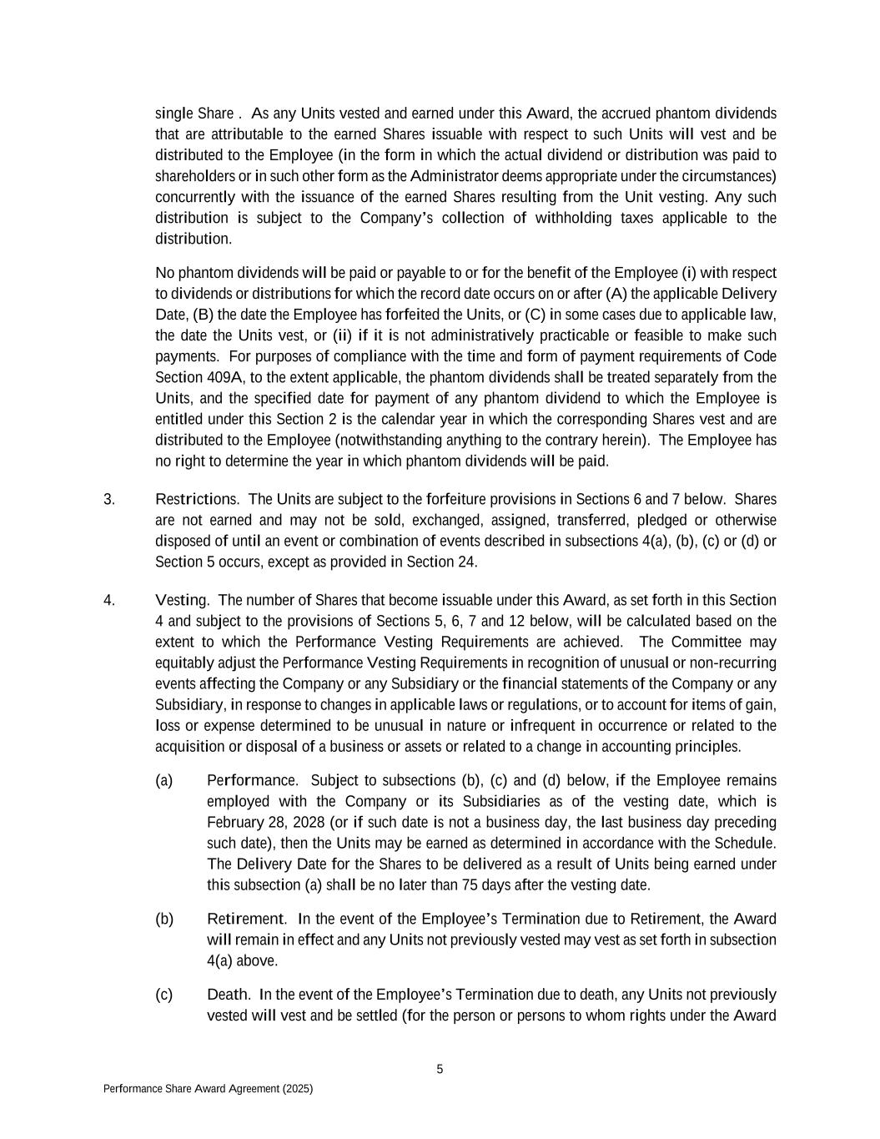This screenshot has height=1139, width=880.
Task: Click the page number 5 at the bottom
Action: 440,1070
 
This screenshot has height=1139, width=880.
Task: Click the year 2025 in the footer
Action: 297,1089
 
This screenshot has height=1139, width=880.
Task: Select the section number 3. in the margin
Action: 109,499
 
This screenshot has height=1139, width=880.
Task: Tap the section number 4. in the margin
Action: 109,600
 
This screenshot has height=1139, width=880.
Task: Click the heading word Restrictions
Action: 197,499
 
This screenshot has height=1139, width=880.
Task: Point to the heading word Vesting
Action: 182,600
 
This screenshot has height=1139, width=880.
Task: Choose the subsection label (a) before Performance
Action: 163,780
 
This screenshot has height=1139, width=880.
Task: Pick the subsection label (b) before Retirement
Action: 163,919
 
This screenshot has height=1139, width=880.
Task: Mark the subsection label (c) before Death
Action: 163,995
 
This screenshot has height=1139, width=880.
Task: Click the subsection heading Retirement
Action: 246,919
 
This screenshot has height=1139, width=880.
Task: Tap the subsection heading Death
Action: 229,995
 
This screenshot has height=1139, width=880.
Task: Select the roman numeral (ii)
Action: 342,335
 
